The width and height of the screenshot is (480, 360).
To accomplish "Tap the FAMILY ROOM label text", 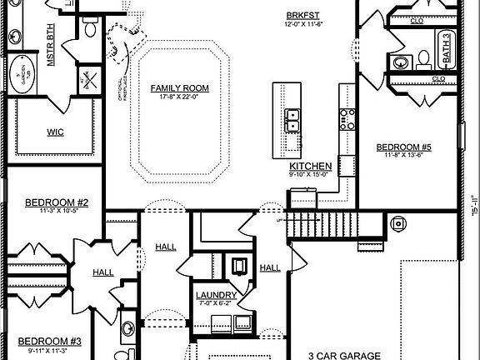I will [x=179, y=87].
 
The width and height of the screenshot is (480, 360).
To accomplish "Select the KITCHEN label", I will [x=312, y=167].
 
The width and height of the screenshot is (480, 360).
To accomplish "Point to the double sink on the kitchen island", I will [x=292, y=121].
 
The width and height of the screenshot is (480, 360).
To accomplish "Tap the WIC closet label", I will [x=56, y=132].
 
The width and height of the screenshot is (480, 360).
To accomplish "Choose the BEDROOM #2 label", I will [x=51, y=202].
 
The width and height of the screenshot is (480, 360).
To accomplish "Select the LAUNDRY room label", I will [x=216, y=295].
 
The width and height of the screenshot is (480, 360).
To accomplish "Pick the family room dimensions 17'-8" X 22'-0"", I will [x=179, y=97].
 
